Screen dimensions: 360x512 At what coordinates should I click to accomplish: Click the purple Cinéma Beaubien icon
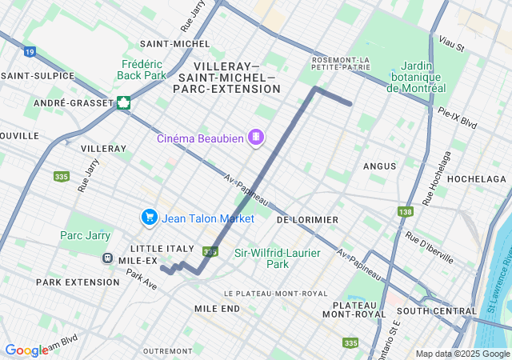[256, 138]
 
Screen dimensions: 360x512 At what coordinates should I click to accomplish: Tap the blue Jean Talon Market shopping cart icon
[149, 217]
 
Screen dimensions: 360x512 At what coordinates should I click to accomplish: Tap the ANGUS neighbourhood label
[379, 166]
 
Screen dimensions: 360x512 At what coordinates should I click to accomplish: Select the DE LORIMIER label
[307, 219]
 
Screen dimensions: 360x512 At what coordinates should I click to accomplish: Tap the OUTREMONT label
[167, 351]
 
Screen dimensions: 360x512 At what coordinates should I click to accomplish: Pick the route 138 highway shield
[406, 211]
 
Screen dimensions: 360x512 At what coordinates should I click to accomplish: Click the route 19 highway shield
[30, 52]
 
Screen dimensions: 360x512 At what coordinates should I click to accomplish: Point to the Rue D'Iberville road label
[429, 247]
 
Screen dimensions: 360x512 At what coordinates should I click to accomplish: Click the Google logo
[27, 350]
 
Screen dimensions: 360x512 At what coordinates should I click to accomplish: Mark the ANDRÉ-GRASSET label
[70, 103]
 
